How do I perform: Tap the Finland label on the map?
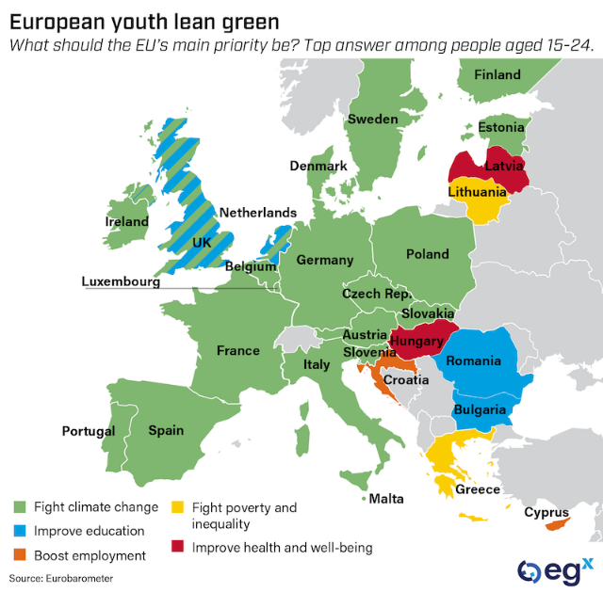coord(497,74)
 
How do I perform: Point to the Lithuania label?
coord(477,191)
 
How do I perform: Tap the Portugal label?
coord(89,431)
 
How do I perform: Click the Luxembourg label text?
coord(121,280)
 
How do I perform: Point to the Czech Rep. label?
coord(375,294)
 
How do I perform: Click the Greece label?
coord(478,489)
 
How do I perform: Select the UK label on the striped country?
coord(202,242)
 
